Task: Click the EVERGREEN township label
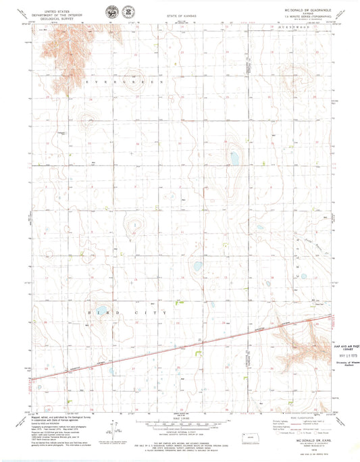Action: coord(124,82)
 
